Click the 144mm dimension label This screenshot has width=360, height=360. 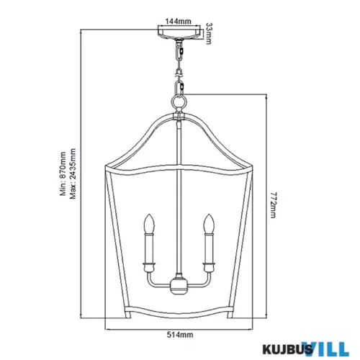(179, 22)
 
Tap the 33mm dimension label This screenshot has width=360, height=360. (209, 34)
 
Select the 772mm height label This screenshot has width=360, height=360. (274, 205)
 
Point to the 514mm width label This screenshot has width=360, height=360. (180, 335)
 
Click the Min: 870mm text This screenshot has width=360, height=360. (63, 174)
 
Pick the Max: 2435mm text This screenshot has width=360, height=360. (73, 174)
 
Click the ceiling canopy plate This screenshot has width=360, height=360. (179, 33)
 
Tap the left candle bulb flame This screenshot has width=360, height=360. (149, 223)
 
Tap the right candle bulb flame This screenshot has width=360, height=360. (209, 223)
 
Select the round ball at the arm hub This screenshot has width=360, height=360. (179, 286)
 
